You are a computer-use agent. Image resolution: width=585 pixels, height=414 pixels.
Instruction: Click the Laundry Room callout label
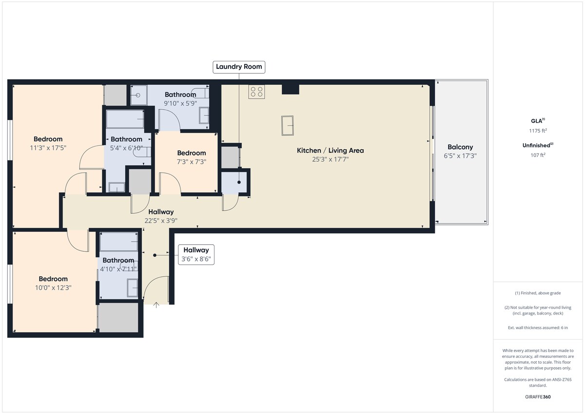(239, 67)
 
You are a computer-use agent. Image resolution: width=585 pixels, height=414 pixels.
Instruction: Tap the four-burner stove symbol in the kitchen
(256, 92)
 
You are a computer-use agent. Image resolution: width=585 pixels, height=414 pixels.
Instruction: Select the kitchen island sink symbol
(288, 126)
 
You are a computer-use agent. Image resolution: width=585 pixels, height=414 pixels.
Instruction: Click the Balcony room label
(460, 147)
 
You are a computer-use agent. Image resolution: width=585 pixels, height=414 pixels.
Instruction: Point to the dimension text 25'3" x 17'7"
(331, 159)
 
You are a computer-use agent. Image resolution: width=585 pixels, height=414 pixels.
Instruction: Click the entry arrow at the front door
(156, 305)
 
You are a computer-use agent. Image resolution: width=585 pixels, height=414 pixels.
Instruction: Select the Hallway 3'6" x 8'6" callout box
(196, 255)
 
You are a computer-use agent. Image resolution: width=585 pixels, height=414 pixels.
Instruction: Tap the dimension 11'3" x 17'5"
(48, 148)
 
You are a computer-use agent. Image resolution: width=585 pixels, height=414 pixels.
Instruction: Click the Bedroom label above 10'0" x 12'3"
(53, 279)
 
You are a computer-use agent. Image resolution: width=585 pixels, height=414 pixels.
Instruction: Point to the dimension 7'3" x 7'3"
(192, 162)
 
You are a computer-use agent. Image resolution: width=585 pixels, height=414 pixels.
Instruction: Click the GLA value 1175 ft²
(538, 131)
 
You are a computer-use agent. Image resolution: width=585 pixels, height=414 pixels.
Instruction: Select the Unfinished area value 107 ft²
(538, 155)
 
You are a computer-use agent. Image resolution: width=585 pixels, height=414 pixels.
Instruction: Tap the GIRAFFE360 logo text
(538, 397)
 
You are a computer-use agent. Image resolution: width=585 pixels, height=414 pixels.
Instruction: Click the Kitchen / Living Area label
(331, 151)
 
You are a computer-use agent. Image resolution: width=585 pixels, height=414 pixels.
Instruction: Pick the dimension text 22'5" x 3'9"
(161, 221)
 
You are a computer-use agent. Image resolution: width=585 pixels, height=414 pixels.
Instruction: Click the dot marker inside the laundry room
(239, 182)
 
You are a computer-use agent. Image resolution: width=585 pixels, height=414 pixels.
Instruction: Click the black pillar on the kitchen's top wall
(291, 89)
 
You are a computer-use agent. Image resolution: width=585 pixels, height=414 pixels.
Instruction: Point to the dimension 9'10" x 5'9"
(180, 103)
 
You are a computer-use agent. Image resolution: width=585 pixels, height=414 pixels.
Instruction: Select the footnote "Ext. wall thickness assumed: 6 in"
(538, 328)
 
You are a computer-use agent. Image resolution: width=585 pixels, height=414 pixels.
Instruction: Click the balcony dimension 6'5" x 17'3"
(460, 156)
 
